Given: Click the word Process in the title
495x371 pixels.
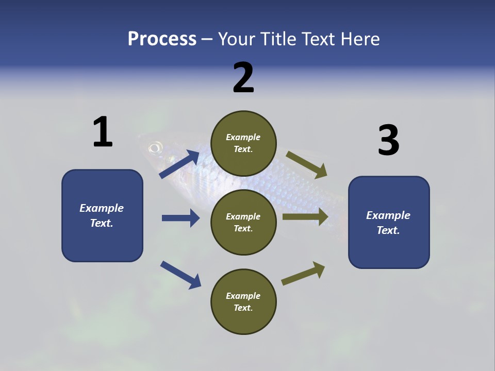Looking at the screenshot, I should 162,39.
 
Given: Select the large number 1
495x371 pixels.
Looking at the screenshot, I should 103,132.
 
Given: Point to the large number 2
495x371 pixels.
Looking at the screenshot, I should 243,78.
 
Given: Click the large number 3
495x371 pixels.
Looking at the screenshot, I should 388,141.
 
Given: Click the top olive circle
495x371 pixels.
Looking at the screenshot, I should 243,143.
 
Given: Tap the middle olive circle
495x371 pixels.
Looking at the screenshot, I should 243,222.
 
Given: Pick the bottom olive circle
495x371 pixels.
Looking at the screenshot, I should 243,301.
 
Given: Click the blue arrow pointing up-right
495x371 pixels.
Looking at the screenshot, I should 180,164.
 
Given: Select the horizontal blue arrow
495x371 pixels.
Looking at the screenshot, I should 180,218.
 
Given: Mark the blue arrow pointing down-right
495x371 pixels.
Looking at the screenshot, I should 180,275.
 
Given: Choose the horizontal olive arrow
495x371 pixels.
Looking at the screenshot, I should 305,217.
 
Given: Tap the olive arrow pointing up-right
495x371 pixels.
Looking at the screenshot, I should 304,273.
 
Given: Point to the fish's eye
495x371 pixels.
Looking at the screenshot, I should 155,149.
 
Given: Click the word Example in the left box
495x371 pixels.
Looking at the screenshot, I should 102,208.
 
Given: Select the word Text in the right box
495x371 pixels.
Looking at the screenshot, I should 388,230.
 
